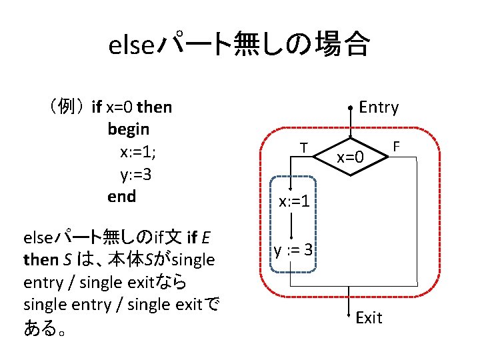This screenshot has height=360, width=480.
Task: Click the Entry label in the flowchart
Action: coord(378,107)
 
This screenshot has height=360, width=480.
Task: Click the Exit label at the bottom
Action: coord(369,317)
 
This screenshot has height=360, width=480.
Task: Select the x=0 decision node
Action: coord(350,158)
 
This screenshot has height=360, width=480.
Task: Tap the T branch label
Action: coord(303,147)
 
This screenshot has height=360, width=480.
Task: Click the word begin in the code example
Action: coord(128,128)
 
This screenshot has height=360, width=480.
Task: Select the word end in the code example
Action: coord(121,196)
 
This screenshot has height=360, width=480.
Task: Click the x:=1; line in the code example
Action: coord(138,151)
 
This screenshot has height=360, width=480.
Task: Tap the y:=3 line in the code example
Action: coord(137,174)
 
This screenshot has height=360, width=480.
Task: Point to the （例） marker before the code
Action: coord(65,106)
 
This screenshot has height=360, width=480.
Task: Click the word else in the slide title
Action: coord(131,46)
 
